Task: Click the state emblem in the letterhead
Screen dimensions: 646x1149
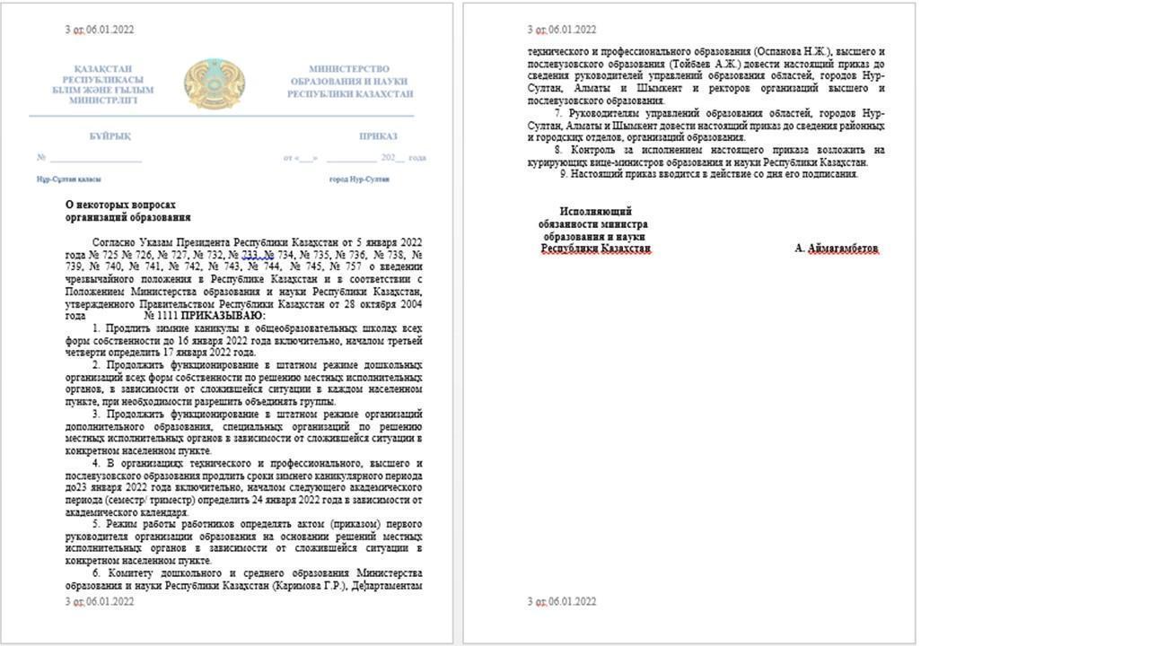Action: pyautogui.click(x=215, y=84)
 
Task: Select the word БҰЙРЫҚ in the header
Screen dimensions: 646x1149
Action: pyautogui.click(x=110, y=136)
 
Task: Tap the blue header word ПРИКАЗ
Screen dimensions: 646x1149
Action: pyautogui.click(x=378, y=136)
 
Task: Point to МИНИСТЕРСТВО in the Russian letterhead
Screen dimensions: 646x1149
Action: pyautogui.click(x=349, y=69)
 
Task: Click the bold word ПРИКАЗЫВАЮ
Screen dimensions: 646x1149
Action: pyautogui.click(x=223, y=316)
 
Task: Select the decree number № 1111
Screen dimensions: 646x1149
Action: pyautogui.click(x=161, y=316)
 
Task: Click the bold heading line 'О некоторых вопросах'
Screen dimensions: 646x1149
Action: pyautogui.click(x=120, y=205)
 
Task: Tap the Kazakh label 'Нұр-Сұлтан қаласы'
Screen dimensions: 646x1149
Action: pyautogui.click(x=68, y=179)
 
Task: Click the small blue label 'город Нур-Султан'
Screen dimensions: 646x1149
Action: pyautogui.click(x=359, y=179)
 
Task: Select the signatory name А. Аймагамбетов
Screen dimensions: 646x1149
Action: pyautogui.click(x=837, y=249)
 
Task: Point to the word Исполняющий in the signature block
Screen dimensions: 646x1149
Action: pyautogui.click(x=595, y=212)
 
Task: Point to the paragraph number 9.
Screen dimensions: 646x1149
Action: pyautogui.click(x=563, y=174)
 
